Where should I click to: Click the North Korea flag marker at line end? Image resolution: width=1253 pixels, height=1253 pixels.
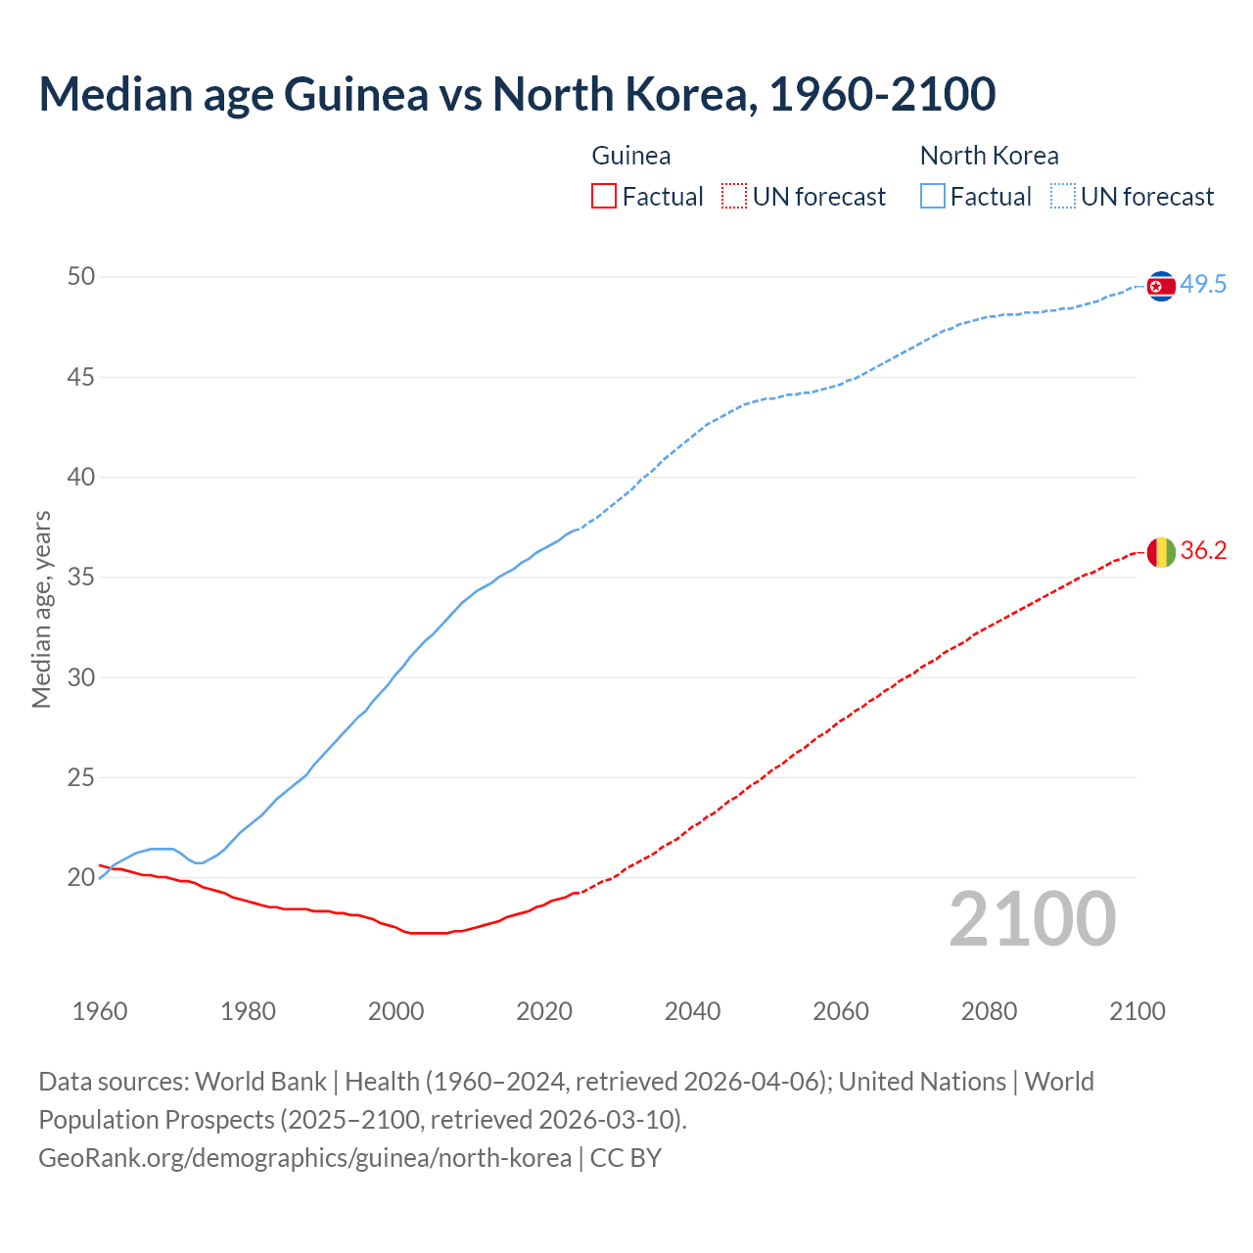[1160, 286]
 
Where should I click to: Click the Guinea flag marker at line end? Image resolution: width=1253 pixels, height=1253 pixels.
[1160, 552]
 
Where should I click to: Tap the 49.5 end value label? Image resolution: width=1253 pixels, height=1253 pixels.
[1203, 285]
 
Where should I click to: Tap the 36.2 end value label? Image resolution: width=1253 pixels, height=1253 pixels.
[1203, 551]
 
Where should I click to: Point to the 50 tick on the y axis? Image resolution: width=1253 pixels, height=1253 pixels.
[81, 277]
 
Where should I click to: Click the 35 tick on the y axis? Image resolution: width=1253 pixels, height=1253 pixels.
[81, 578]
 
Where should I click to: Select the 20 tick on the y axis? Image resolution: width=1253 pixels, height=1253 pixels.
[81, 878]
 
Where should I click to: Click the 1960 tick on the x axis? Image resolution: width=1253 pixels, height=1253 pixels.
[100, 1011]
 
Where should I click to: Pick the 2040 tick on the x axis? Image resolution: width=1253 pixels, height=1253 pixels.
[692, 1011]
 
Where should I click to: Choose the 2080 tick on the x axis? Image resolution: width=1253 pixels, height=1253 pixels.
[989, 1011]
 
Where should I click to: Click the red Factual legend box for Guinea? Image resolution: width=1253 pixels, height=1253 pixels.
[604, 197]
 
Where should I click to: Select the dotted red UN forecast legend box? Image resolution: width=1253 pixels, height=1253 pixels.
[734, 197]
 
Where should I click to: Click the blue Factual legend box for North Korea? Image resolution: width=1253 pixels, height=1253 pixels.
[932, 197]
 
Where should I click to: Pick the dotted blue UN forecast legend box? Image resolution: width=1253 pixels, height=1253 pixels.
[1062, 197]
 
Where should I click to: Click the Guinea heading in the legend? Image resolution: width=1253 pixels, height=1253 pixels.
[631, 156]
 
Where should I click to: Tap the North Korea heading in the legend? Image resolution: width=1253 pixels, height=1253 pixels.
[989, 156]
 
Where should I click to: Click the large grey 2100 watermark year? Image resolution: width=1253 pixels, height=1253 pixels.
[1032, 918]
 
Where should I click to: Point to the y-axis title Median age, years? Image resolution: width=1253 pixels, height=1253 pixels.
[41, 609]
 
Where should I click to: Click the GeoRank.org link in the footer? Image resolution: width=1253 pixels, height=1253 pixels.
[304, 1158]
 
